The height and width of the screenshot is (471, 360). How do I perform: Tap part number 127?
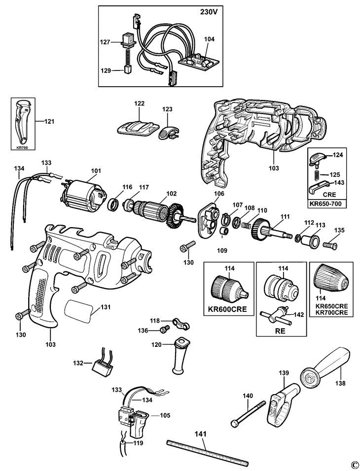105,42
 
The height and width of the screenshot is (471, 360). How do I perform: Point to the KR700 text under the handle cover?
23,147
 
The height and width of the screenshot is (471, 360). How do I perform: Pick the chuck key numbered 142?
276,316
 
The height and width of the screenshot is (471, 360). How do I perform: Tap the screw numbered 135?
330,245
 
